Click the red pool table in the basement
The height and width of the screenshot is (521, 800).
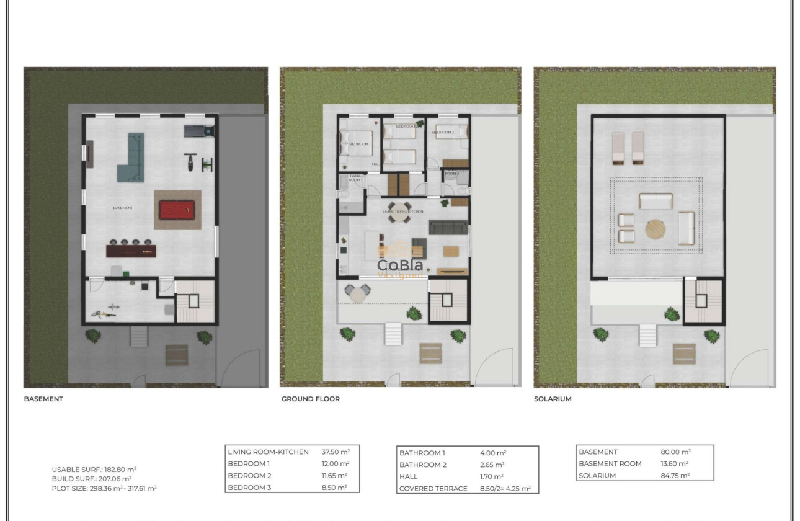[177, 210]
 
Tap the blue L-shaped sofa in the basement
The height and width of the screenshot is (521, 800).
[131, 158]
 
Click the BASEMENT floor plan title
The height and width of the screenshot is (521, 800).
[43, 399]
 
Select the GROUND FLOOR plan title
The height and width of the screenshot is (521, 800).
[310, 399]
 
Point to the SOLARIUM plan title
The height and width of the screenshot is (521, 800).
[553, 399]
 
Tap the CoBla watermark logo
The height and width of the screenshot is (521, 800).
[401, 265]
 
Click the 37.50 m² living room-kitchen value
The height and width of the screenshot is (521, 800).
[336, 452]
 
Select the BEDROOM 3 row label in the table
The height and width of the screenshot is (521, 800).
[249, 488]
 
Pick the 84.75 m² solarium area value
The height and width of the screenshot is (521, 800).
[675, 476]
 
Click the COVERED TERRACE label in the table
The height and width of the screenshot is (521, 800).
[433, 489]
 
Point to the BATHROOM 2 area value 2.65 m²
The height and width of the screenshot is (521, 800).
[492, 465]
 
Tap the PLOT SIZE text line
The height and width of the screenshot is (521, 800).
[104, 488]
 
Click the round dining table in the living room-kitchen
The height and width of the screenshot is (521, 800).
[399, 208]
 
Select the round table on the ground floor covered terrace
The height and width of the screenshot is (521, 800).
[357, 294]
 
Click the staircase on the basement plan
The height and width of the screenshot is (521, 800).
[194, 301]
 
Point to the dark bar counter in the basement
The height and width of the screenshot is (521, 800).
[131, 251]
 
